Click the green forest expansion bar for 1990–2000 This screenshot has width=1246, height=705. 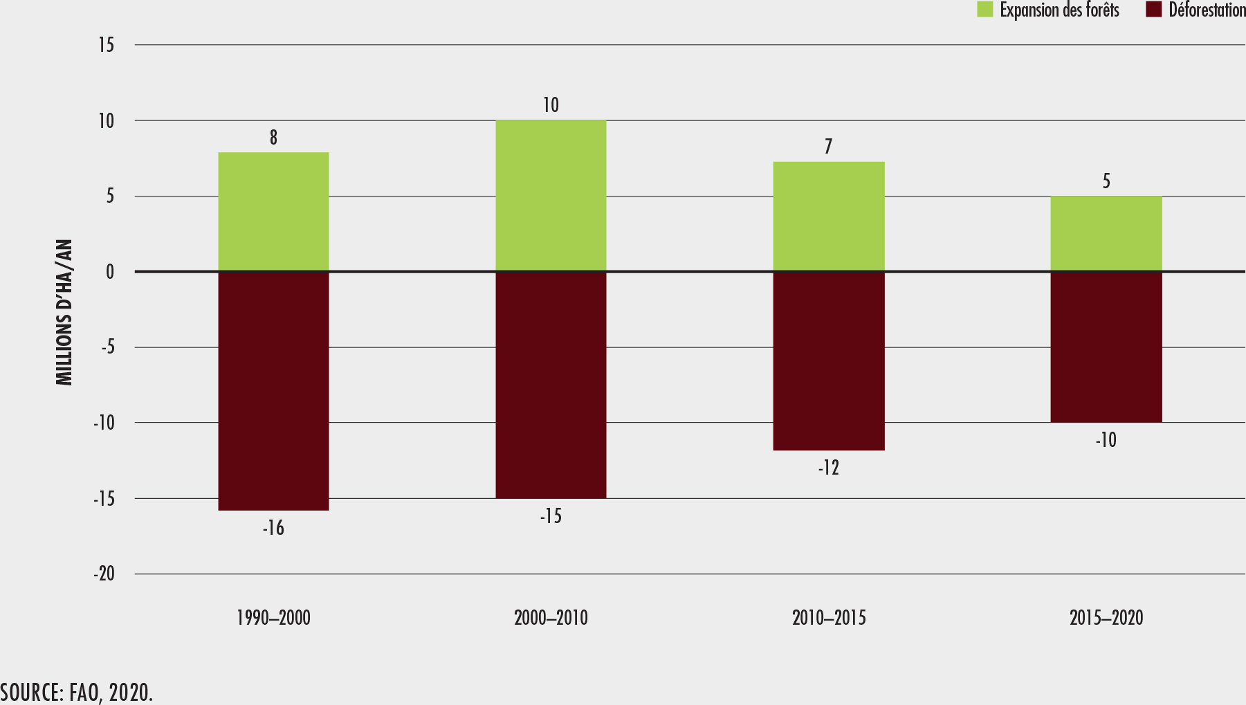click(x=273, y=212)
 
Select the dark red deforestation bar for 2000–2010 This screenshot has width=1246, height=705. click(x=551, y=385)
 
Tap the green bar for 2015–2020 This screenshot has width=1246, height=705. click(x=1106, y=234)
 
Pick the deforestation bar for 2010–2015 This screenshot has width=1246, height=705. click(x=828, y=360)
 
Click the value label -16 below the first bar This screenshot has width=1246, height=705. click(x=273, y=529)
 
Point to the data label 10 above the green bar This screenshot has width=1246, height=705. click(x=551, y=105)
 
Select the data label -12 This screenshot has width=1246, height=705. click(x=828, y=468)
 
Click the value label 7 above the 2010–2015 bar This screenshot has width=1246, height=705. click(x=828, y=147)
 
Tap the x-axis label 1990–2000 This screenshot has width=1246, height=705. click(x=273, y=618)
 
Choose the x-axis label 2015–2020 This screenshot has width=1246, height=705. click(x=1106, y=618)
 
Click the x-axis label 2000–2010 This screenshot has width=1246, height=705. click(x=551, y=618)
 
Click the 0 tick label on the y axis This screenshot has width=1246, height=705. click(x=110, y=272)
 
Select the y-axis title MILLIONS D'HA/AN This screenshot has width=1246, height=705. click(x=64, y=313)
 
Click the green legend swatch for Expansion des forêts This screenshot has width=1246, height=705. click(x=984, y=10)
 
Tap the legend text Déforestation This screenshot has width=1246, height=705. click(x=1207, y=10)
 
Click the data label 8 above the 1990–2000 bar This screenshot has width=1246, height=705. click(x=273, y=138)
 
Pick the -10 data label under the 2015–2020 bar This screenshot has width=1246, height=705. click(x=1106, y=440)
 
